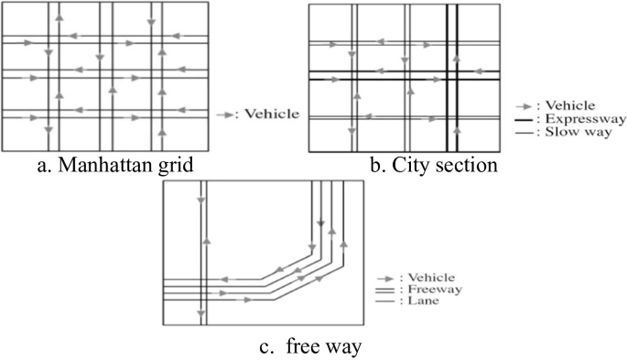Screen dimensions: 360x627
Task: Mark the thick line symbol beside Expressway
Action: click(523, 119)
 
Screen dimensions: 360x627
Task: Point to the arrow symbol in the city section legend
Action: click(524, 105)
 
